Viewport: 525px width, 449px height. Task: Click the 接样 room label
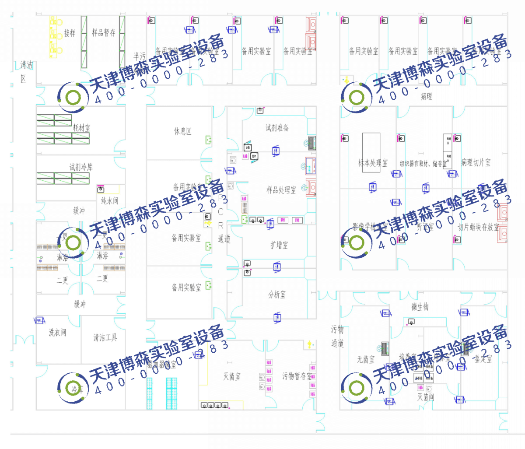[x=70, y=33]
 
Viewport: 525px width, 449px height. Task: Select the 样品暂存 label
[x=104, y=33]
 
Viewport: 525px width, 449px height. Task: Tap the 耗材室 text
[x=81, y=127]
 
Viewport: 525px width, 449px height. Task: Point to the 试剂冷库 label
[x=81, y=167]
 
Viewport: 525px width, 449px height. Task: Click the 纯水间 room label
[x=109, y=200]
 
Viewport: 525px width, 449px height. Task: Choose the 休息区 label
[x=182, y=131]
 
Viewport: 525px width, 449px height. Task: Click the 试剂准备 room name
[x=277, y=127]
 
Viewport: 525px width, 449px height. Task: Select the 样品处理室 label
[x=281, y=189]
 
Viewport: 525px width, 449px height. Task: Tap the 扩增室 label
[x=279, y=245]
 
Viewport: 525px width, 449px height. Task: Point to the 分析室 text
[x=277, y=295]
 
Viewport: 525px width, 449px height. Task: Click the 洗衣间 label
[x=57, y=333]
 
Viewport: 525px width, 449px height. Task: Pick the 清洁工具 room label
[x=105, y=337]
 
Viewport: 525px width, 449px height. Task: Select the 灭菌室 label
[x=231, y=376]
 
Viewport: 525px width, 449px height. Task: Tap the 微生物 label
[x=420, y=307]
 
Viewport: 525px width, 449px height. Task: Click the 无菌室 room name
[x=366, y=359]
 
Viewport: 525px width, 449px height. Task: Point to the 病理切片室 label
[x=476, y=162]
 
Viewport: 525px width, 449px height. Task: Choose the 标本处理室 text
[x=373, y=163]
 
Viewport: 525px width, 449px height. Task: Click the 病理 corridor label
[x=426, y=96]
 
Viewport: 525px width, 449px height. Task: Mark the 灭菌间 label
[x=425, y=396]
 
